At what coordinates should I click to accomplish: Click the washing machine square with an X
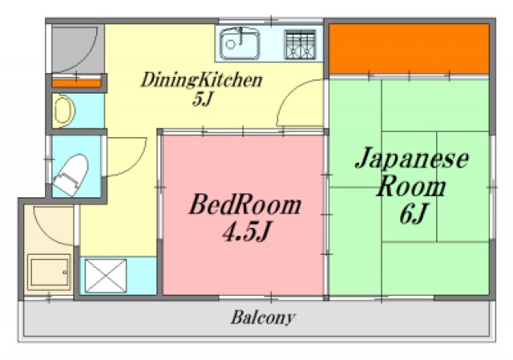pos(106,276)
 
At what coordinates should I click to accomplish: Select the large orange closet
pos(409,48)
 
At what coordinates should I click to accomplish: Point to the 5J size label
pos(201,99)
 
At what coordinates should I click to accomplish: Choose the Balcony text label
pos(263,318)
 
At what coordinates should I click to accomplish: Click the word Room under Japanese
pos(411,188)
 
